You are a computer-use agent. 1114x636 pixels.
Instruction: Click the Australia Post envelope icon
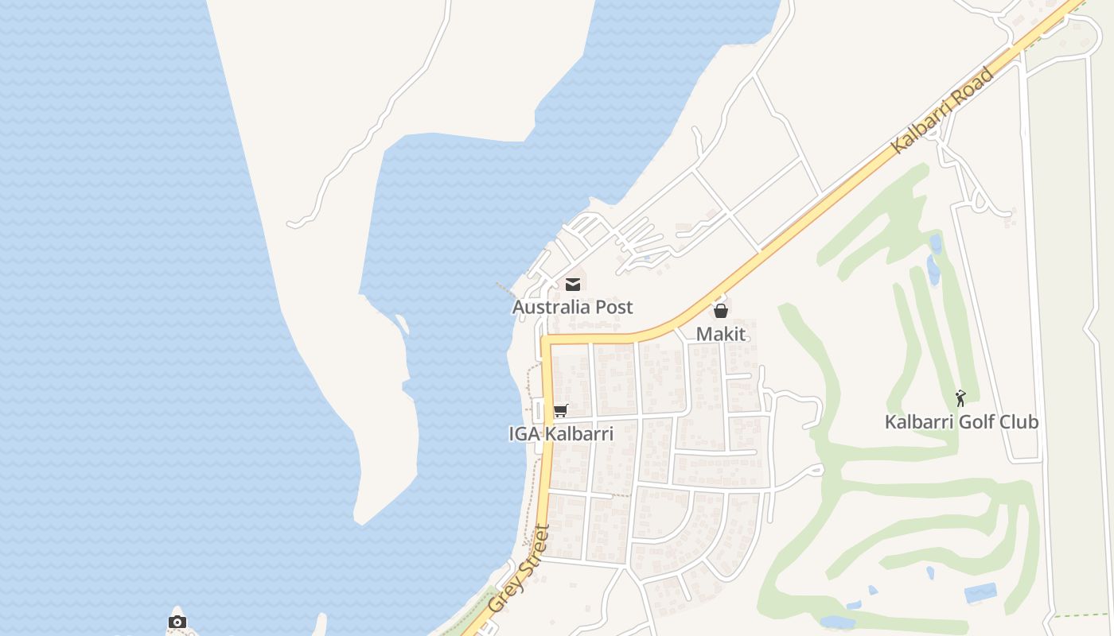pos(572,284)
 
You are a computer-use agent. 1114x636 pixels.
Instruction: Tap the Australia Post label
pos(572,307)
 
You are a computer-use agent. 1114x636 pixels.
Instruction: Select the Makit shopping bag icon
pos(721,311)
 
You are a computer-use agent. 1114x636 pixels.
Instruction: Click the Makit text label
pos(721,334)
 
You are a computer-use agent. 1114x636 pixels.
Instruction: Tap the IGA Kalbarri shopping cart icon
pos(561,411)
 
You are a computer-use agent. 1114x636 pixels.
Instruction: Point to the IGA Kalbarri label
pos(561,434)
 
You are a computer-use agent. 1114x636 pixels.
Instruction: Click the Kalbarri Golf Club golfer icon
pos(961,398)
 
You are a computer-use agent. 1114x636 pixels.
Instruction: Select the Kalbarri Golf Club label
pos(961,422)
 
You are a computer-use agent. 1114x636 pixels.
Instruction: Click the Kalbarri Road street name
pos(943,110)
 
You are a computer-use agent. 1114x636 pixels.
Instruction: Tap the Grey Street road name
pos(519,568)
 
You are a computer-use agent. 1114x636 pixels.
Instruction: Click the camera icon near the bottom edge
pos(177,622)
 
